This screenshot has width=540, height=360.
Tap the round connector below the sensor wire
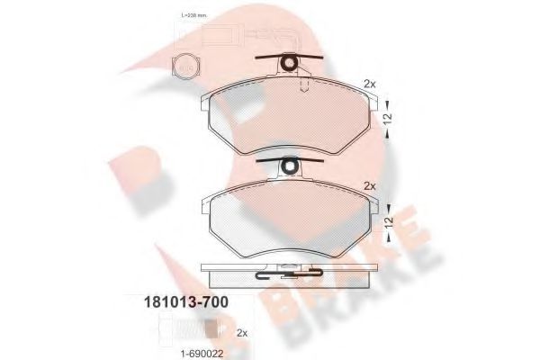(x=186, y=64)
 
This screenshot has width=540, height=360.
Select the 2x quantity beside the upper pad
(x=368, y=83)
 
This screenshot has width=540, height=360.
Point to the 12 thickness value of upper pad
(x=388, y=118)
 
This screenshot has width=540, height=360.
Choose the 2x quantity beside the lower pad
(x=368, y=185)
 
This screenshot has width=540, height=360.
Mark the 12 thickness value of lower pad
(x=388, y=221)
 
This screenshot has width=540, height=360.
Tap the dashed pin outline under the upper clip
(x=303, y=83)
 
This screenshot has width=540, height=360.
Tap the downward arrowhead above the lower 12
(x=388, y=206)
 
